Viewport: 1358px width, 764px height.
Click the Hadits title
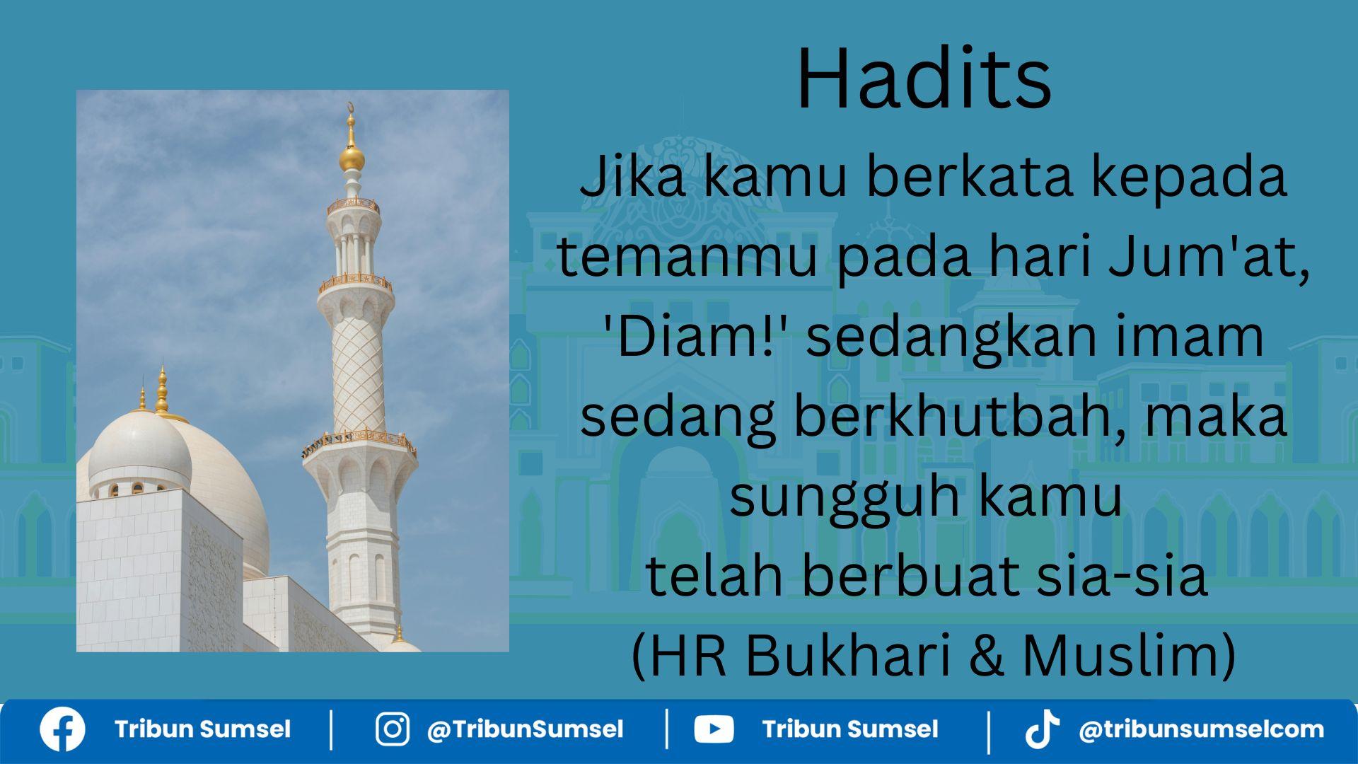point(924,79)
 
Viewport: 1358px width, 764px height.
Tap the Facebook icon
point(62,729)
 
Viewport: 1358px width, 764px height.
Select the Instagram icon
point(392,729)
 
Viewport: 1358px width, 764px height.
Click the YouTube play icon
point(714,729)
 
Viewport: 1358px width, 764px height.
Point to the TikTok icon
point(1042,729)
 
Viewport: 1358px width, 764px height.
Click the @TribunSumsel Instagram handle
point(525,729)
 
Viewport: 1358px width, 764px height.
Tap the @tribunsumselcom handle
point(1201,729)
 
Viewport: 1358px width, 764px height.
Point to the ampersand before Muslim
point(987,655)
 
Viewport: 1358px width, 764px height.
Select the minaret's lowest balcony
point(359,444)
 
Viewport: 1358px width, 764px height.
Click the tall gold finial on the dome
point(162,391)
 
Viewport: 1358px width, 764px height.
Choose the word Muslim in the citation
point(1128,655)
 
